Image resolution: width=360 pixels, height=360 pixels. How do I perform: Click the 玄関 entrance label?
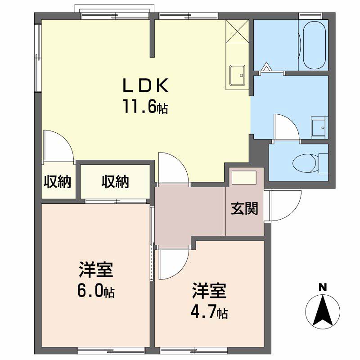(244, 209)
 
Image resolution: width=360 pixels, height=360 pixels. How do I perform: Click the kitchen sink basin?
(237, 74)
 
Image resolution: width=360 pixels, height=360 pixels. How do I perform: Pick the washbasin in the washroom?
(319, 127)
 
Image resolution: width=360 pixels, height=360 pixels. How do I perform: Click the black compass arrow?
(322, 310)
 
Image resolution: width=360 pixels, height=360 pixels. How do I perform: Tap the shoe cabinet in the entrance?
(243, 177)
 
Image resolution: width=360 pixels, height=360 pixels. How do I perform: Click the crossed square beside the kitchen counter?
(237, 31)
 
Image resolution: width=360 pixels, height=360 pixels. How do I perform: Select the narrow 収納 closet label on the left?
(57, 182)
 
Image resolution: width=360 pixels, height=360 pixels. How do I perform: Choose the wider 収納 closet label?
(115, 182)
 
